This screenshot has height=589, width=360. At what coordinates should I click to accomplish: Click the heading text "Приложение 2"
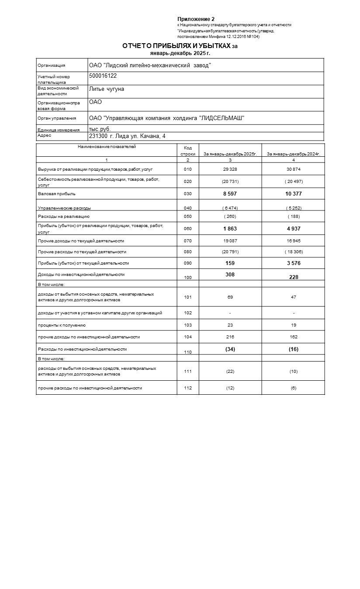tap(196, 19)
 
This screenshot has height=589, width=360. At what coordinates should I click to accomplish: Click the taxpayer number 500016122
tap(103, 76)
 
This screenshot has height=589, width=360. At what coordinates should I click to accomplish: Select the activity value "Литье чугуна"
tap(106, 89)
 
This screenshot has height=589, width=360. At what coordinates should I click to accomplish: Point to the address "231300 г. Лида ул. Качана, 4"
tap(127, 136)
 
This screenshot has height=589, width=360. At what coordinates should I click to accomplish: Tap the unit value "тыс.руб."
tap(100, 129)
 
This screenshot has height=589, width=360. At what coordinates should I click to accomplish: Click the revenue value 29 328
tap(230, 169)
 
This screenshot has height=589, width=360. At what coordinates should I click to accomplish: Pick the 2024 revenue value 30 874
tap(293, 169)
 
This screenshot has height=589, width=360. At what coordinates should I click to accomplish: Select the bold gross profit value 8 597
tap(230, 193)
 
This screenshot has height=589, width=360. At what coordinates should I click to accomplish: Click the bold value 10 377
tap(293, 193)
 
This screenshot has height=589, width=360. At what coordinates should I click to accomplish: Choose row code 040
tap(188, 208)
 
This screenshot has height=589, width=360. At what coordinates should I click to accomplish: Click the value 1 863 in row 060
tap(230, 228)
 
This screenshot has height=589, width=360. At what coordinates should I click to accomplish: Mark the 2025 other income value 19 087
tap(230, 241)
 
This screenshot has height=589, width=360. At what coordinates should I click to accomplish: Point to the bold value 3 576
tap(293, 263)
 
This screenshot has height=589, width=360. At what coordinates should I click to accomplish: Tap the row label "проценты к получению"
tap(62, 325)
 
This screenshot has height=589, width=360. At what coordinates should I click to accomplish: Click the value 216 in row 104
tap(230, 337)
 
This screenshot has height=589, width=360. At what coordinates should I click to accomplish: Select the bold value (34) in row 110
tap(230, 349)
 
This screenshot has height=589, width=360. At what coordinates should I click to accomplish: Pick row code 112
tap(188, 388)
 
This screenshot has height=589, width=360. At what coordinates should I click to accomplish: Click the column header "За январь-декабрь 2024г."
tap(293, 154)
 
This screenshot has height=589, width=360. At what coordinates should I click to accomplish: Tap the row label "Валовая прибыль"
tap(54, 193)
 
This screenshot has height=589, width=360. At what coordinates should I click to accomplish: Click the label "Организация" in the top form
tap(52, 65)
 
